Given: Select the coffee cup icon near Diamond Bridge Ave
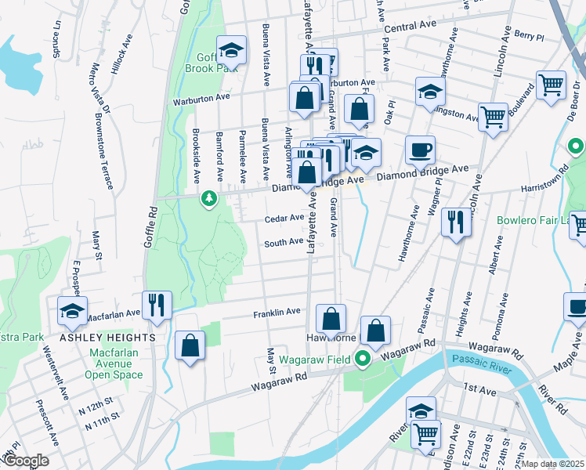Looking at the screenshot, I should point(420,150).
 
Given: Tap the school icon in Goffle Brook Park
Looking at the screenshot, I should point(231,51).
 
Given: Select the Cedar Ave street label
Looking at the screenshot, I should point(284,219).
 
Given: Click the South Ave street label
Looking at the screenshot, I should point(283,243).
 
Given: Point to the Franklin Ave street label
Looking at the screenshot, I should point(277,313).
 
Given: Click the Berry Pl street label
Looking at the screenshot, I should point(530,36).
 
